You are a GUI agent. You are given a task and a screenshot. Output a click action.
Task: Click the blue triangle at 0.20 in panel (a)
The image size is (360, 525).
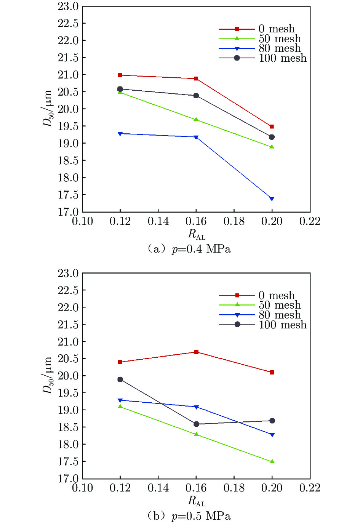coord(272,199)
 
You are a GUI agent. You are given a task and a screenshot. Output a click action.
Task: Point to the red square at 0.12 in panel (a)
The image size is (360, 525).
coord(120,75)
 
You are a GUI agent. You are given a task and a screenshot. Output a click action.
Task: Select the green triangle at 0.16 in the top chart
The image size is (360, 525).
coord(196,120)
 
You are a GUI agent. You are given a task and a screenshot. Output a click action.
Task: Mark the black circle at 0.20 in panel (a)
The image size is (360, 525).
coord(272,137)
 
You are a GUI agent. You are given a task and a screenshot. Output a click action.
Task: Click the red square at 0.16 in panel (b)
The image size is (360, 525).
coord(196,352)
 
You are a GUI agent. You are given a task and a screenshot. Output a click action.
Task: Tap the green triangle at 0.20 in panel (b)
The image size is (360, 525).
coord(272,461)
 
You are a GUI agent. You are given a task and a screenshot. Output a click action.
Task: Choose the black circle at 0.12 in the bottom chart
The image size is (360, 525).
coord(120,379)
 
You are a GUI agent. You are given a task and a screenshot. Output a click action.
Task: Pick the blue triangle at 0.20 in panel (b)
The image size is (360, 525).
coord(272,435)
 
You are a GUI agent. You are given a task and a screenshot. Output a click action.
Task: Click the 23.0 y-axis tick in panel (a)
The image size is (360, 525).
coord(68,6)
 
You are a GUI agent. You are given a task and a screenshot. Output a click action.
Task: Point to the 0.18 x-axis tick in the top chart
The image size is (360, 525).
coord(234,221)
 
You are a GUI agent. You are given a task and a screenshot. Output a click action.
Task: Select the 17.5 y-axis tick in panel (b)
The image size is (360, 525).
coord(68,462)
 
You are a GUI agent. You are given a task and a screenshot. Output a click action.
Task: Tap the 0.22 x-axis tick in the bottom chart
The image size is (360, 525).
coord(310,488)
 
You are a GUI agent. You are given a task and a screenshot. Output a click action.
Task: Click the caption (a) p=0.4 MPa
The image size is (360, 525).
coord(189,249)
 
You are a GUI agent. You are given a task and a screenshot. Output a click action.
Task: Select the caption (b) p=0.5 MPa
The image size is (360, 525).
coord(189,516)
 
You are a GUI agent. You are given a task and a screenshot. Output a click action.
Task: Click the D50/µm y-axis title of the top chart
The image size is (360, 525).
coord(47,109)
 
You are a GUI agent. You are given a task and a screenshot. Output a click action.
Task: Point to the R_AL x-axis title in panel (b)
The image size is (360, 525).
coord(196,501)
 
